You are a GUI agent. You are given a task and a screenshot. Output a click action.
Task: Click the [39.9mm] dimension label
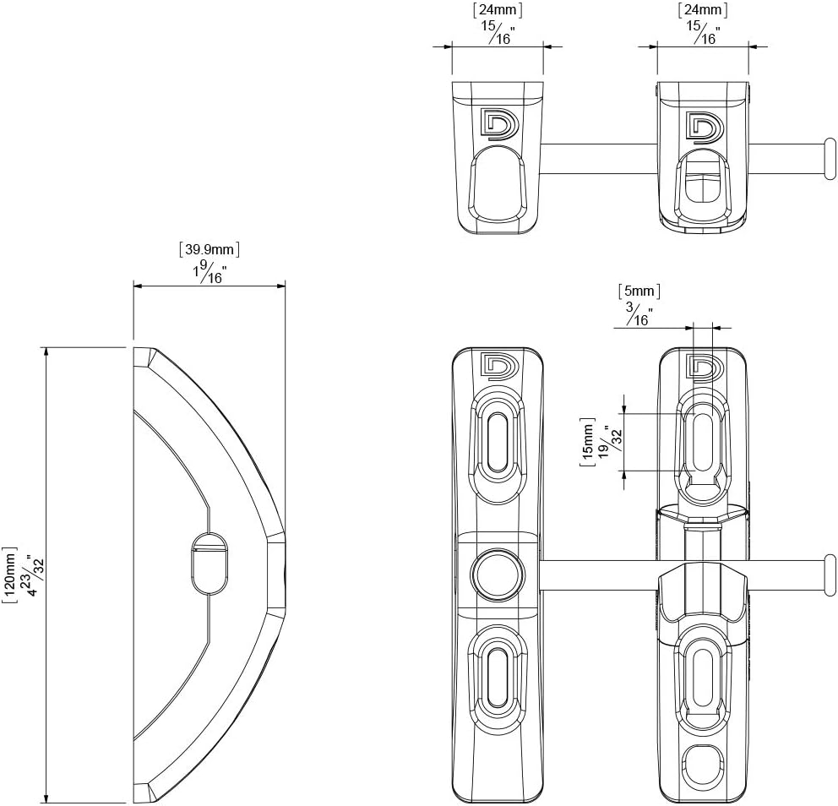click(x=209, y=249)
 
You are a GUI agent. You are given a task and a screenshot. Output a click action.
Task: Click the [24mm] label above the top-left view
click(x=497, y=10)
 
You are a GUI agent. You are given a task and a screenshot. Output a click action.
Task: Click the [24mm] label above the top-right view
click(x=703, y=10)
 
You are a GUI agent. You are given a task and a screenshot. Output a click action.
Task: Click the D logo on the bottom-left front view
click(x=498, y=363)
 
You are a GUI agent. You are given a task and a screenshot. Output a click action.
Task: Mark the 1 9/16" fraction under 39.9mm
click(x=209, y=272)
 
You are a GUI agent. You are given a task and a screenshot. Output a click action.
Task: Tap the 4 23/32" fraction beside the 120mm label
click(x=34, y=575)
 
